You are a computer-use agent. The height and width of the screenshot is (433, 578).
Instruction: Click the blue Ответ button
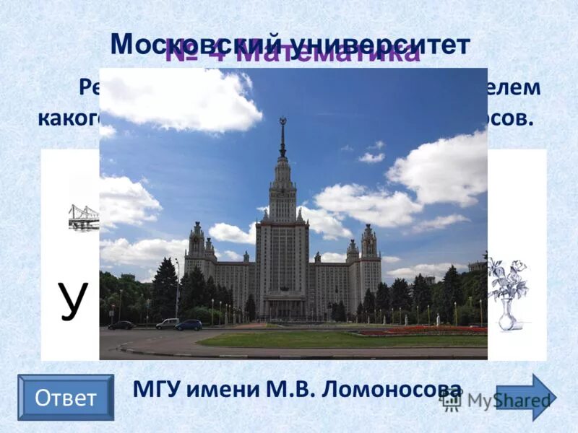coord(66,398)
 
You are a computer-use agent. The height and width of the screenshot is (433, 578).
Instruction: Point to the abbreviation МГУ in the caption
coord(156,390)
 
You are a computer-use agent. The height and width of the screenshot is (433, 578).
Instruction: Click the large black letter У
coord(72,300)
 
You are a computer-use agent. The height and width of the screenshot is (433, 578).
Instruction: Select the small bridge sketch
coord(84,216)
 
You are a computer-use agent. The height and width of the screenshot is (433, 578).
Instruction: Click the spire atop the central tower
coord(282,137)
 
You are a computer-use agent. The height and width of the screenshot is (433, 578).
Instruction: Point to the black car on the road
coord(121,325)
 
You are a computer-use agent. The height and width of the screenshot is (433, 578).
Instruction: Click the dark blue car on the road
coord(189,325)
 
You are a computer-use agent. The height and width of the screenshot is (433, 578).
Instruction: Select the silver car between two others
coord(167,324)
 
